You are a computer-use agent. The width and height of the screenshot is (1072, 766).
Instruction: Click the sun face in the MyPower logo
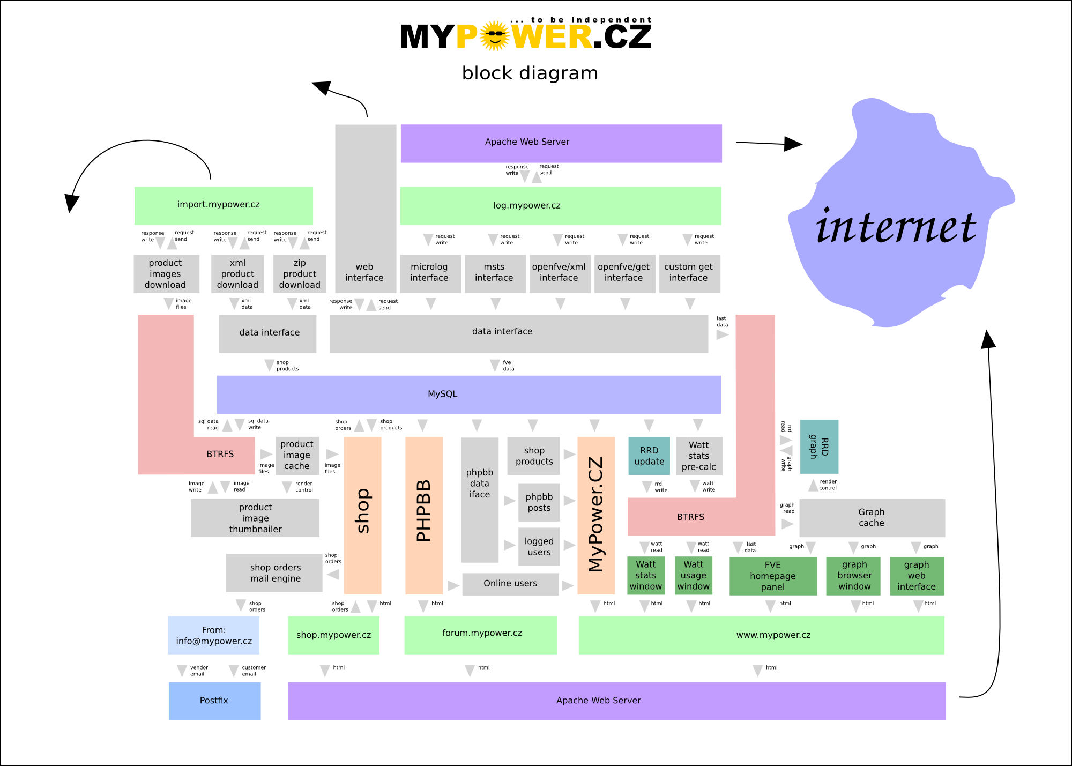494,36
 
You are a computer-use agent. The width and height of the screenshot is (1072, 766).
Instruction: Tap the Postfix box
214,701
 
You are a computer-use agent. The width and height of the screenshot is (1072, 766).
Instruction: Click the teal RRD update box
649,456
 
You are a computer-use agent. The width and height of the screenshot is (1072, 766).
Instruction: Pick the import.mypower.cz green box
224,205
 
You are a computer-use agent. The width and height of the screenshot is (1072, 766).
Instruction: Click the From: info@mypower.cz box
213,635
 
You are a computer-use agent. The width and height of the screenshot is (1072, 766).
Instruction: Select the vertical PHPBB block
424,515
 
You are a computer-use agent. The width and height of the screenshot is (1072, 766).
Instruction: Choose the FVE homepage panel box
773,576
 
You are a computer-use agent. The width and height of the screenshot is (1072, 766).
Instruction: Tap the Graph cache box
872,518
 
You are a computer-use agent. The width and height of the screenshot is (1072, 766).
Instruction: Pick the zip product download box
300,274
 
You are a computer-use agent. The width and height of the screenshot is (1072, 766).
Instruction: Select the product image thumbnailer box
255,518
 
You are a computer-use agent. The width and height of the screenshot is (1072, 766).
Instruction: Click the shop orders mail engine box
274,573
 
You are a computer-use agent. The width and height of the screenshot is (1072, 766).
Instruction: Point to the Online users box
510,584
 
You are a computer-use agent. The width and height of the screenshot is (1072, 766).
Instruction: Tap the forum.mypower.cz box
481,635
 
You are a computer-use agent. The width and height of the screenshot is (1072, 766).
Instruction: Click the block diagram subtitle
530,73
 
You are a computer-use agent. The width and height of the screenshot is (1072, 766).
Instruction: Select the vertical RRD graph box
819,447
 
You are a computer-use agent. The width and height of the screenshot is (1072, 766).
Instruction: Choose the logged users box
539,547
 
